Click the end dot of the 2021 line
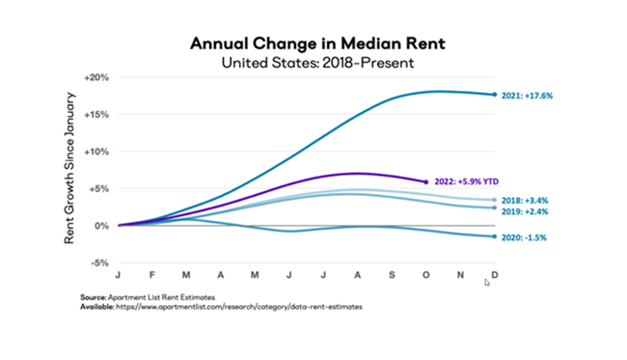(x=495, y=95)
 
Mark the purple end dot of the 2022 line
(x=426, y=181)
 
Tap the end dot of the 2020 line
(x=495, y=236)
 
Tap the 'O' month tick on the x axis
(x=425, y=276)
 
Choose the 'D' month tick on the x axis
(x=495, y=276)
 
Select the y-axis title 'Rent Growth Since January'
(x=70, y=170)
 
